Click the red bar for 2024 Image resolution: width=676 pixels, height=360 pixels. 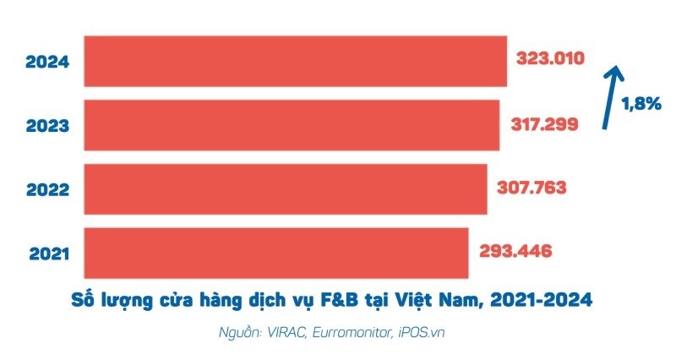point(296,61)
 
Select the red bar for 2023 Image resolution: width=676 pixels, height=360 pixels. point(292,125)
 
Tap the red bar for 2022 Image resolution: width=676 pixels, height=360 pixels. point(286,189)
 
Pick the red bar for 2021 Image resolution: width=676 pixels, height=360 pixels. point(276,252)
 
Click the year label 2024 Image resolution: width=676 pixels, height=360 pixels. point(46,62)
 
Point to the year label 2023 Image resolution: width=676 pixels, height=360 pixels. point(46,126)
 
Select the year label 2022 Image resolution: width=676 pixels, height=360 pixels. point(46,189)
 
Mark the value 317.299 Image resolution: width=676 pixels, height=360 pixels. point(545,124)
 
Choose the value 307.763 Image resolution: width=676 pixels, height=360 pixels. point(533,188)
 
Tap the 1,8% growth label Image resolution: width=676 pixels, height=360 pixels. point(641,105)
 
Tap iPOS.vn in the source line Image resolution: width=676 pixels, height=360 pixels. point(421,332)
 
